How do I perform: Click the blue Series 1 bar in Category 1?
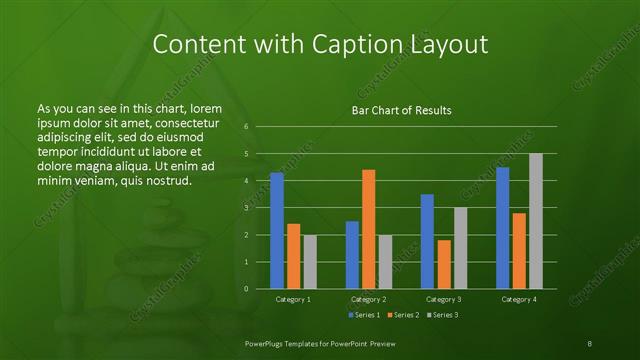click(x=277, y=231)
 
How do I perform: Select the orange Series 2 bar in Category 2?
click(x=369, y=229)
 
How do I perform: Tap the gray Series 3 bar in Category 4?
click(x=536, y=221)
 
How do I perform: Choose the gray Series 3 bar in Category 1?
click(x=310, y=262)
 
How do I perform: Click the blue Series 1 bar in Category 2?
click(x=352, y=255)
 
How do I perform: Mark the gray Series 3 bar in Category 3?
click(x=461, y=248)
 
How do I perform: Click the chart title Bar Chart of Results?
click(x=401, y=110)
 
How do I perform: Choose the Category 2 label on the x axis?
click(x=369, y=299)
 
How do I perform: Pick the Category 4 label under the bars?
click(x=519, y=299)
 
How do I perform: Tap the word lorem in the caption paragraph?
click(x=204, y=108)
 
